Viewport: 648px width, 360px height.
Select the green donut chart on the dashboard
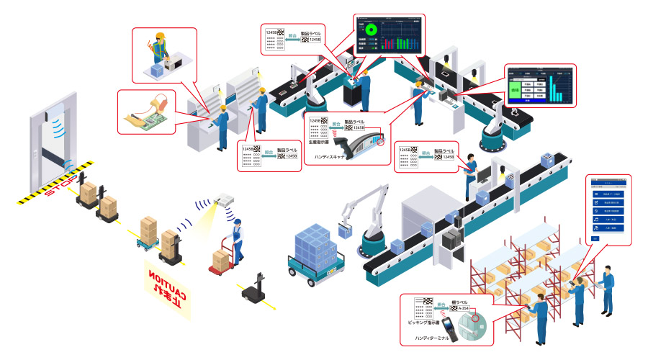point(372,31)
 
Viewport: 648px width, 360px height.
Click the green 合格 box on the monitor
point(515,90)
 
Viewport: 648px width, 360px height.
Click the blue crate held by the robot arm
point(345,230)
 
